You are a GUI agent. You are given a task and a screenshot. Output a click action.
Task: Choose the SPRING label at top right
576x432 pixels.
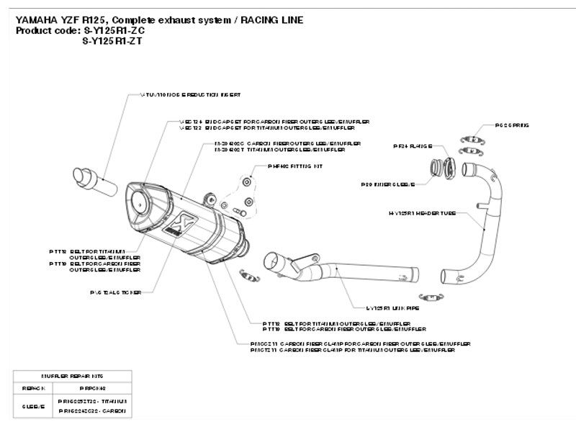pos(512,125)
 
